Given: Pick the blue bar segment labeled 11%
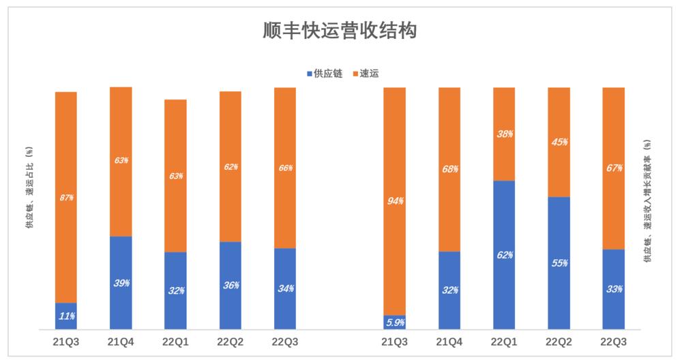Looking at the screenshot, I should click(66, 316).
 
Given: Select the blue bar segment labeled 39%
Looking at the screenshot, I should click(121, 283).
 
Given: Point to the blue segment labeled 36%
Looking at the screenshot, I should click(231, 286).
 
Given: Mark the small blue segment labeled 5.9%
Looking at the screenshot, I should click(395, 322).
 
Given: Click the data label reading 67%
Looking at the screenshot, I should click(614, 168).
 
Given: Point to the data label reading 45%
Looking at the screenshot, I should click(559, 142).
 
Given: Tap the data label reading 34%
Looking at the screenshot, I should click(285, 288).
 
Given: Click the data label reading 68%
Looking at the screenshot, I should click(449, 168).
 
